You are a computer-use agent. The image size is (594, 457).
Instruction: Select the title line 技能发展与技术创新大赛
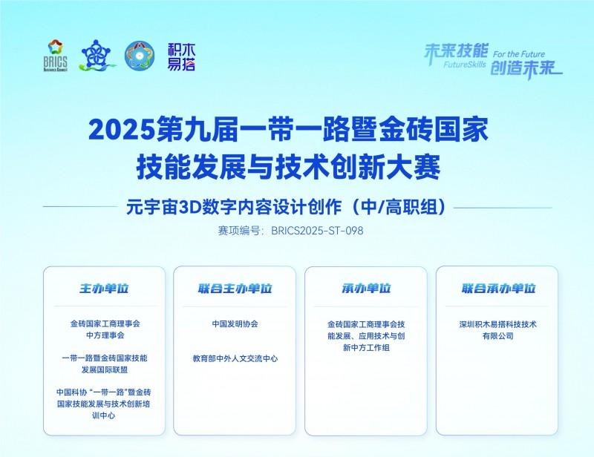pyautogui.click(x=292, y=165)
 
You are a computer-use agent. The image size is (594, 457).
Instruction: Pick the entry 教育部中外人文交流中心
pyautogui.click(x=235, y=358)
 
